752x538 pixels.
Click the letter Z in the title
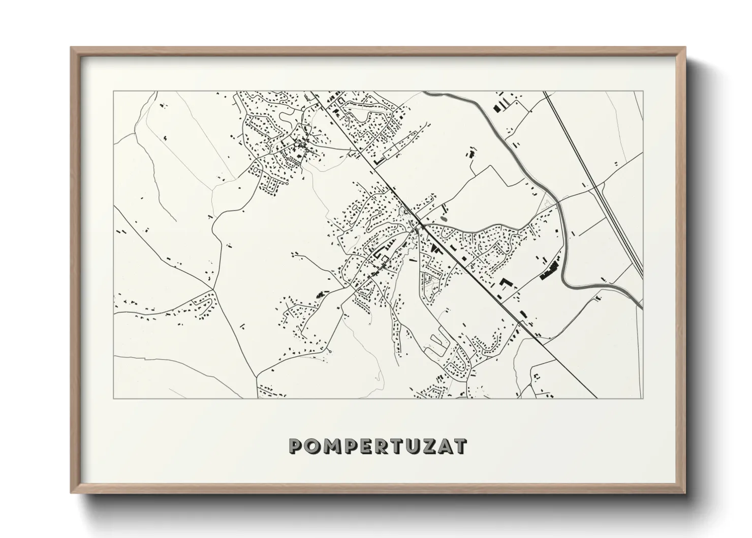426,446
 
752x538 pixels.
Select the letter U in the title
409,446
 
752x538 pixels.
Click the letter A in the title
443,446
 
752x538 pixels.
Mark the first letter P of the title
296,446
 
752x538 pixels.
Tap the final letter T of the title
460,446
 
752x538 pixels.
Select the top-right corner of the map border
643,92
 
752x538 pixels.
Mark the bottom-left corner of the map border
114,398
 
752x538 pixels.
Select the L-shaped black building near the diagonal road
506,282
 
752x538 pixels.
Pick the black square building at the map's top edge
495,107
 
